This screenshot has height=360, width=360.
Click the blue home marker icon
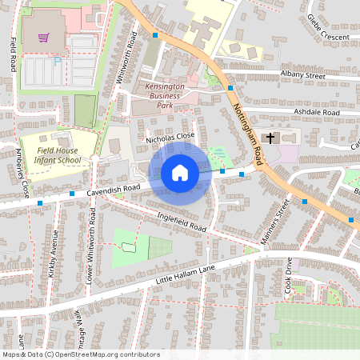(x=180, y=173)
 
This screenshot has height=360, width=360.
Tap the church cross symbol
(x=270, y=138)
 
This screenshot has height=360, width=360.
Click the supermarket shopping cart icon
(x=41, y=37)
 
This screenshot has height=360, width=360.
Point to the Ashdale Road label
(x=317, y=113)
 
